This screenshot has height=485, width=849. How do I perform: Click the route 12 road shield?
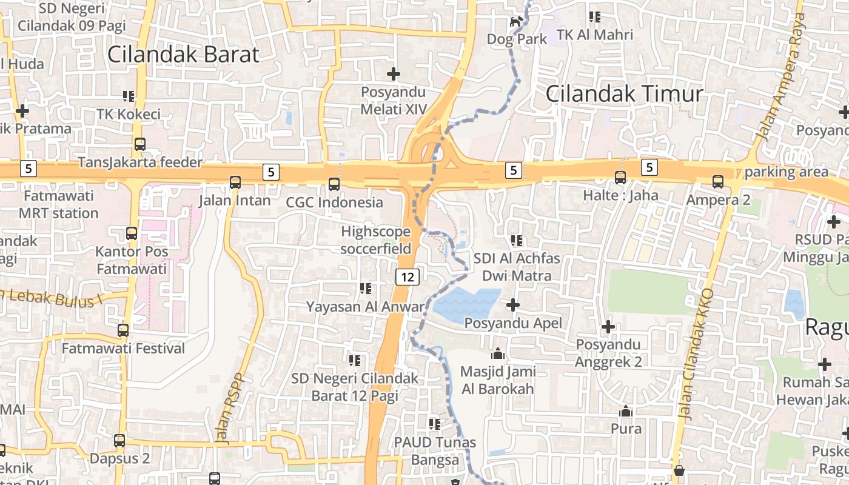coord(408,277)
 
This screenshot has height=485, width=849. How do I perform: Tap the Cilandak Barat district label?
coord(183,55)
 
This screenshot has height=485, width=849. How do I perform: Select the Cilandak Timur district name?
coord(624,94)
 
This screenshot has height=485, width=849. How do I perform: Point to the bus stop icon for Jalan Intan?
coord(235,182)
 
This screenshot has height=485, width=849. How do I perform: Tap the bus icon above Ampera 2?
coord(718,181)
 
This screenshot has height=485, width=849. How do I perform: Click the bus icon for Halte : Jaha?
coord(620,178)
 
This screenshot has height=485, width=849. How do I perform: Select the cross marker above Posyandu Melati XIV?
coord(394,74)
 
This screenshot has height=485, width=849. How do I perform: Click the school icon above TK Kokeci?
coord(129,96)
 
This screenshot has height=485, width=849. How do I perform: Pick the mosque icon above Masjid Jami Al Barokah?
coord(498,353)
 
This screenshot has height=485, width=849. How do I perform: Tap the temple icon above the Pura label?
coord(626,411)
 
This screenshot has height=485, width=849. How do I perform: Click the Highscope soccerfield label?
coord(376,240)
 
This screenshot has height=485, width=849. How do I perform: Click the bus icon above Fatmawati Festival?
coord(123,330)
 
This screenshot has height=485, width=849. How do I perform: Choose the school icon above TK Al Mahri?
coord(595,17)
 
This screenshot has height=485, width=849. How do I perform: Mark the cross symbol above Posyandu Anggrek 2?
coord(608,327)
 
